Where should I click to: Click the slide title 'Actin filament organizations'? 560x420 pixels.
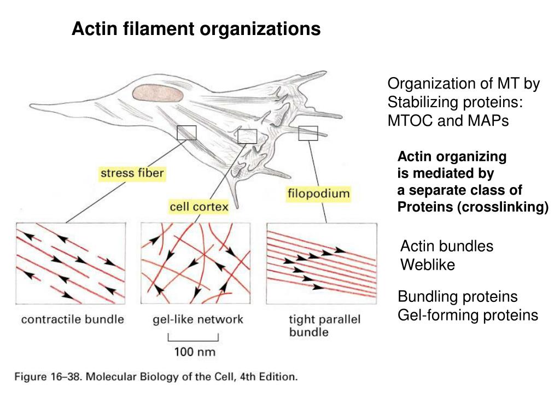(196, 28)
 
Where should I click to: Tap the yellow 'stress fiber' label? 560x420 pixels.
(132, 173)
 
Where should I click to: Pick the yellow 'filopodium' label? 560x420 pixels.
(318, 194)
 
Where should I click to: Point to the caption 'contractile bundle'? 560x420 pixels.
(72, 319)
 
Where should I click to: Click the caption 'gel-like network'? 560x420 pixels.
(197, 319)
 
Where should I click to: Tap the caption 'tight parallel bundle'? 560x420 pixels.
(324, 325)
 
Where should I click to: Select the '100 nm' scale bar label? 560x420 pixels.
(194, 352)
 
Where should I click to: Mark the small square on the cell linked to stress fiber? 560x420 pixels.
(186, 132)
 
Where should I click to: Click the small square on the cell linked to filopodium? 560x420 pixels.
(308, 133)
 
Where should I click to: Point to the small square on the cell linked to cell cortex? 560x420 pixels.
(247, 136)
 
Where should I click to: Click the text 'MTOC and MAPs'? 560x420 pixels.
(448, 121)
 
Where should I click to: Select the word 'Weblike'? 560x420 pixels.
(428, 265)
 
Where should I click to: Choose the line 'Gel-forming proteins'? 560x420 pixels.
(468, 315)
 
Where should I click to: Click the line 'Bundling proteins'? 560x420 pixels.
(457, 297)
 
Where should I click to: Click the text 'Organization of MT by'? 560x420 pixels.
(463, 84)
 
